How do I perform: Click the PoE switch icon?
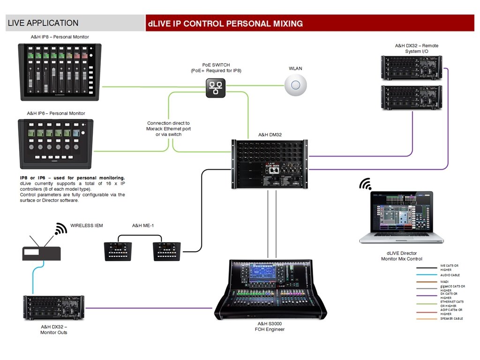(x=216, y=88)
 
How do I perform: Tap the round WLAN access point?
(x=295, y=85)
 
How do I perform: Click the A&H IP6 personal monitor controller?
(x=56, y=143)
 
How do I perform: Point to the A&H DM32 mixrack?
(x=270, y=164)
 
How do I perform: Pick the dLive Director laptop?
(x=401, y=217)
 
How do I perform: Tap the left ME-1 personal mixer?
(x=118, y=251)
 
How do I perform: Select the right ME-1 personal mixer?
(x=166, y=251)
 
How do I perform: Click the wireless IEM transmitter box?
(x=42, y=253)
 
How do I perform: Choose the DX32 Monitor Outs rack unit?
(x=54, y=308)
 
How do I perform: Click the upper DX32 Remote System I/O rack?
(x=412, y=67)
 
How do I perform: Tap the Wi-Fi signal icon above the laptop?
(x=365, y=184)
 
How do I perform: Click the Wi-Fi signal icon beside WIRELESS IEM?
(x=60, y=229)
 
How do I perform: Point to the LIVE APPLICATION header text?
(x=43, y=23)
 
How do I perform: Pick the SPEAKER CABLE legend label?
(x=451, y=319)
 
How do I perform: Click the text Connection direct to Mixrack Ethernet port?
(x=169, y=126)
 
